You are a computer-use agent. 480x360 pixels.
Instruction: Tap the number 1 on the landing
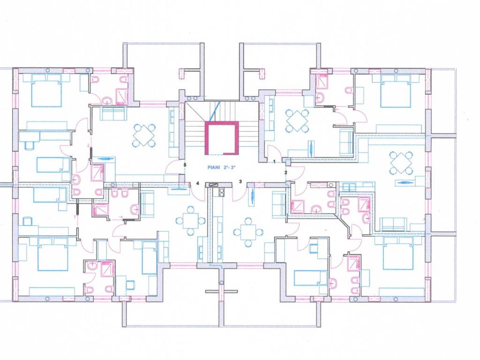pyautogui.click(x=275, y=161)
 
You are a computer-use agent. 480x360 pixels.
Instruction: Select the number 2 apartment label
pyautogui.click(x=286, y=172)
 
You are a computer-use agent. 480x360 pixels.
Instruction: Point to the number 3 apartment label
pyautogui.click(x=240, y=181)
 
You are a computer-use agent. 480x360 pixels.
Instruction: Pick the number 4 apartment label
pyautogui.click(x=198, y=183)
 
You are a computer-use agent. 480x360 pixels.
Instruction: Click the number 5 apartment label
pyautogui.click(x=185, y=165)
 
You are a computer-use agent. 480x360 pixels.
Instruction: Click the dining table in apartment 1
pyautogui.click(x=296, y=121)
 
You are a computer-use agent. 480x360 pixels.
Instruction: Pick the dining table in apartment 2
pyautogui.click(x=400, y=163)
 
